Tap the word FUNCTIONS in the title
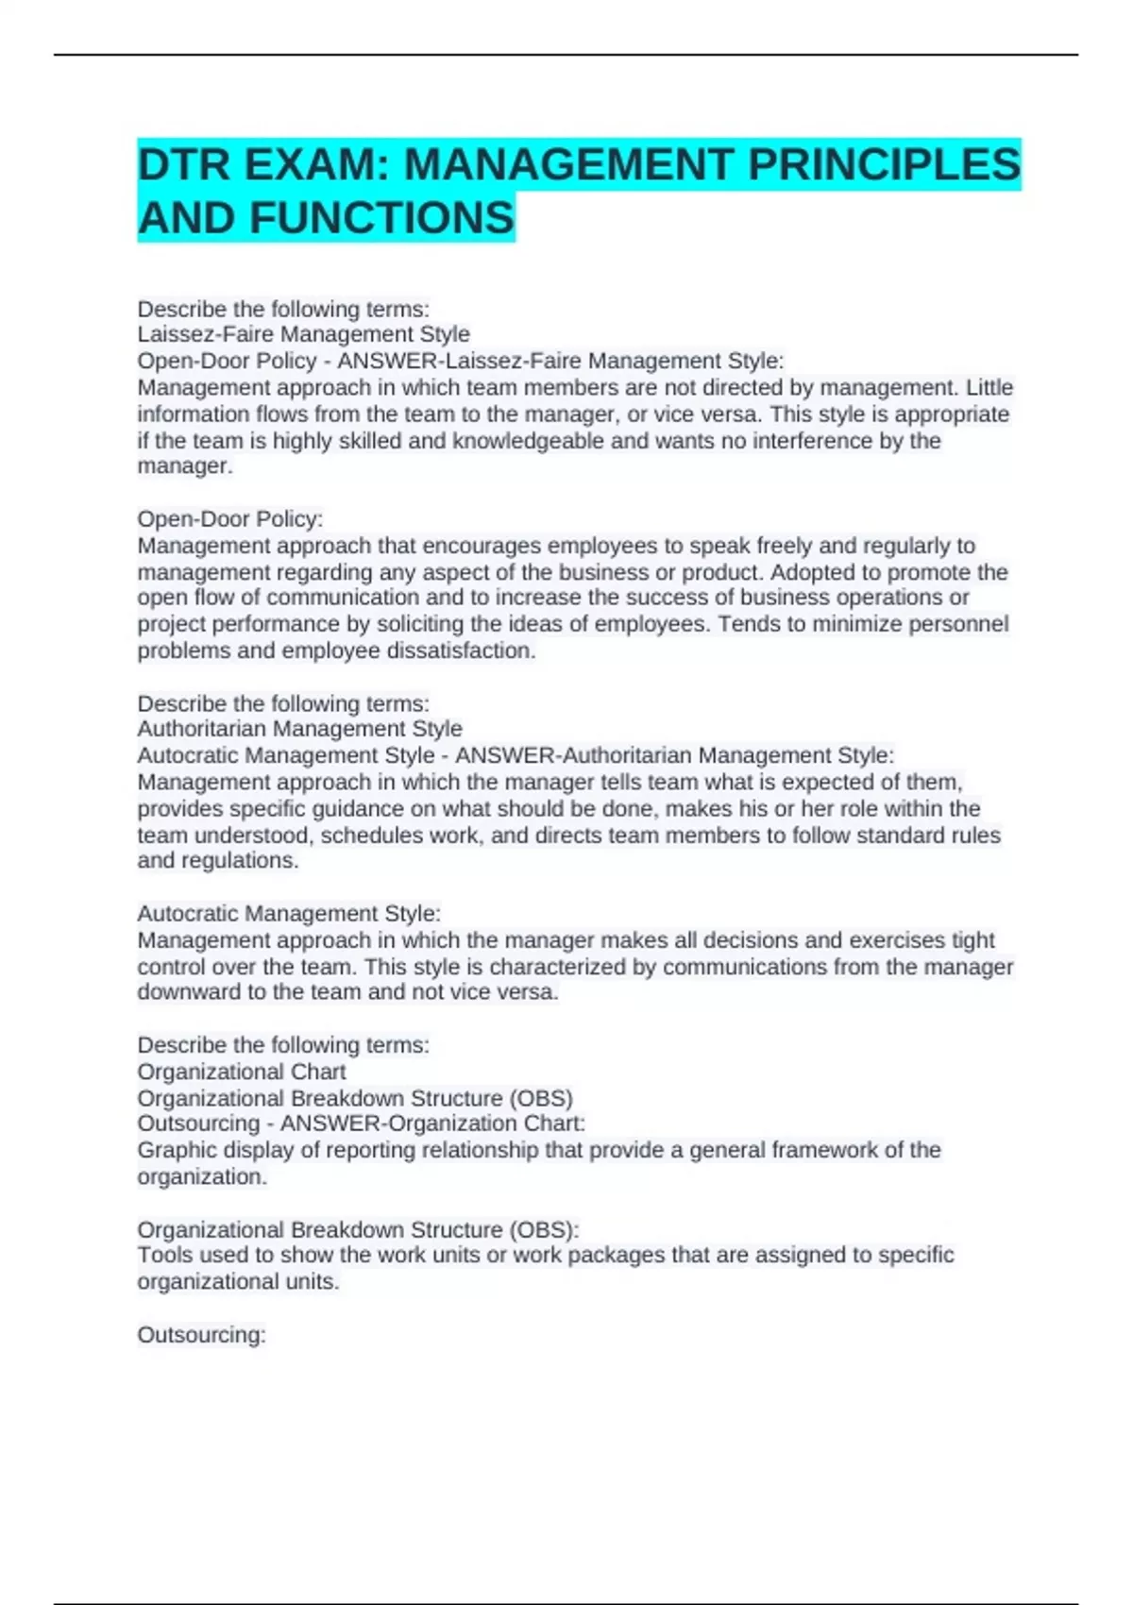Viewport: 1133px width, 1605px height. coord(382,218)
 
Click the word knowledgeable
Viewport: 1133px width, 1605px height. coord(528,441)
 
